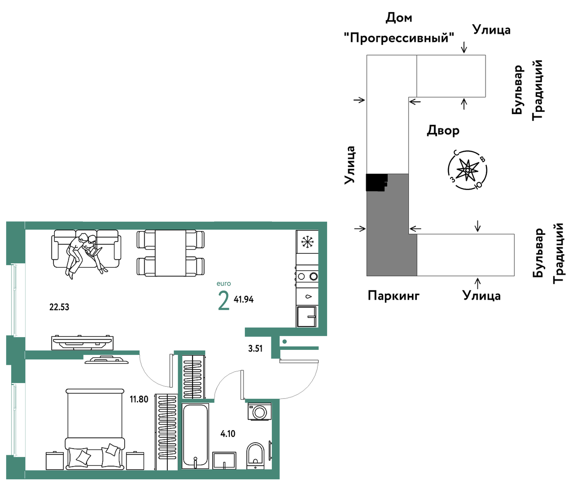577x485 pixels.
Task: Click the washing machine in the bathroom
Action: click(259, 412)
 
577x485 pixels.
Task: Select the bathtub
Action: click(195, 436)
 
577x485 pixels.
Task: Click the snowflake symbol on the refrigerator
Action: click(307, 242)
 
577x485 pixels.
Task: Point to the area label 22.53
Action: click(59, 307)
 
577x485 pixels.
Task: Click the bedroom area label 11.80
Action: click(139, 399)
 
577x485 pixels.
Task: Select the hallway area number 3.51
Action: click(255, 348)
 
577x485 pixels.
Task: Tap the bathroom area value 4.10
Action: click(228, 433)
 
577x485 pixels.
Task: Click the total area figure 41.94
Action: click(244, 300)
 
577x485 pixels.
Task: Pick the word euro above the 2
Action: click(223, 283)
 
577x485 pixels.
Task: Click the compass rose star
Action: click(467, 170)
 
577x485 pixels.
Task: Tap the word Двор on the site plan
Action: click(443, 130)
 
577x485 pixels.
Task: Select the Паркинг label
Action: click(393, 295)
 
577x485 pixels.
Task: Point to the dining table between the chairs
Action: click(170, 253)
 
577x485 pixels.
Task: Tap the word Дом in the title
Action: click(399, 18)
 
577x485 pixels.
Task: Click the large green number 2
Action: click(223, 301)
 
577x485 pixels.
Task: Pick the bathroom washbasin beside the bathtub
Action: click(224, 460)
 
